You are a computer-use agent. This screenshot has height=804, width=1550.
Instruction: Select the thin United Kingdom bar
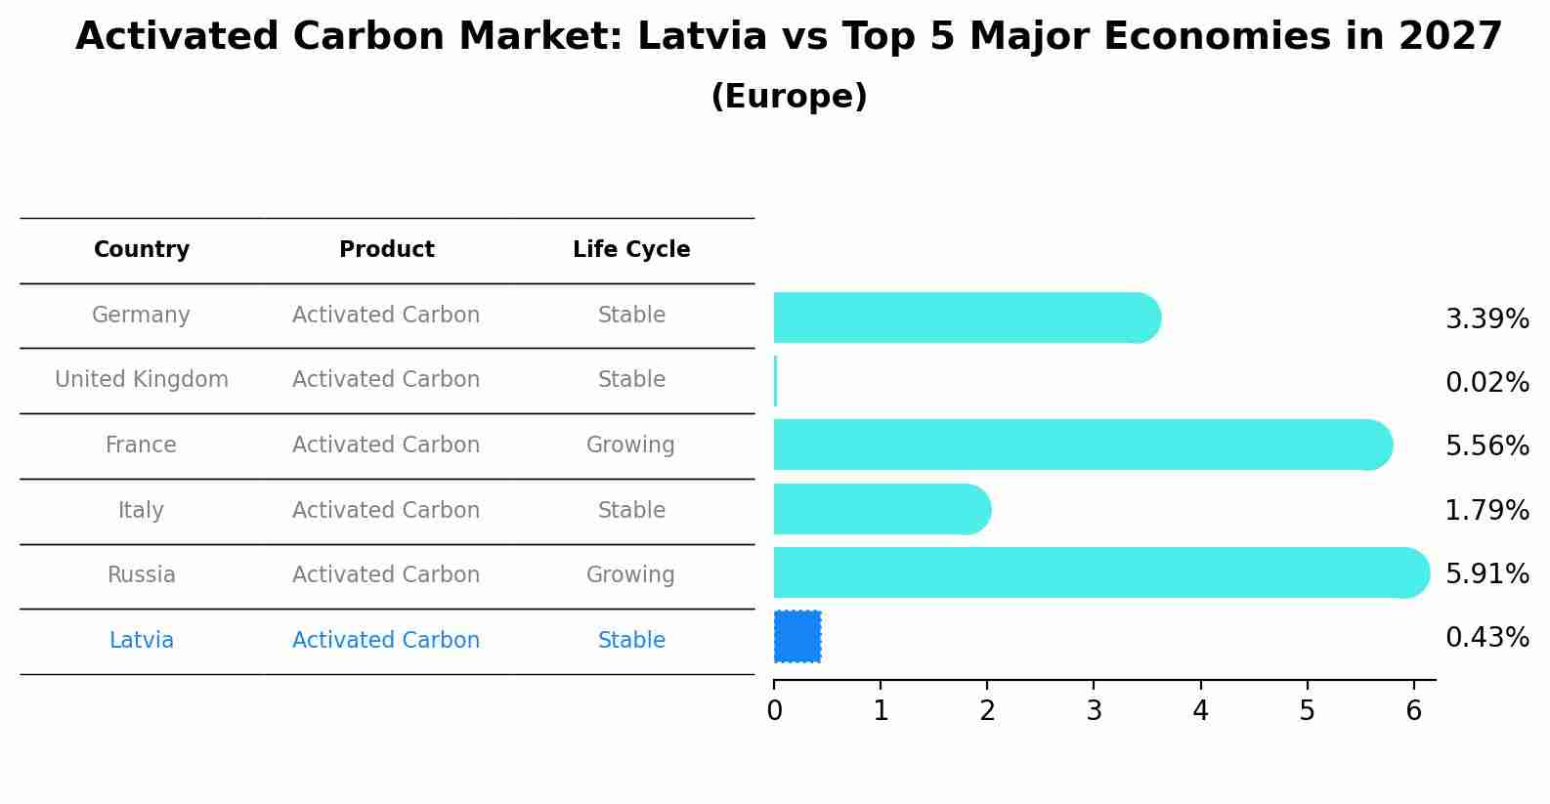(x=775, y=381)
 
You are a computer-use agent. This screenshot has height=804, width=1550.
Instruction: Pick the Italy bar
(x=881, y=509)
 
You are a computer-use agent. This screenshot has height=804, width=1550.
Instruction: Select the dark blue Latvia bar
(x=797, y=636)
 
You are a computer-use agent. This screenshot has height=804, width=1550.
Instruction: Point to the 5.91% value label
(x=1486, y=573)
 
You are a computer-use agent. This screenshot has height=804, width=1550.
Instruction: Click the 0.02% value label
(x=1486, y=382)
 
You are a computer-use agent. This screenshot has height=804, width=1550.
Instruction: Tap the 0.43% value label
(x=1486, y=638)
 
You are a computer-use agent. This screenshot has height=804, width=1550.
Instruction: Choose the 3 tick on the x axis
(x=1094, y=711)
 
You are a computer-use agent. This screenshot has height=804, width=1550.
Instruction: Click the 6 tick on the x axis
(x=1413, y=711)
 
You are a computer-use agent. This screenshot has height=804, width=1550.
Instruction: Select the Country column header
(x=142, y=250)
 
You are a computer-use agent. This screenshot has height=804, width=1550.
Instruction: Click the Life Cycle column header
(x=631, y=250)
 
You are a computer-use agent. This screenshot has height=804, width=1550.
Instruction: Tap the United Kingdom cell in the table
(x=142, y=380)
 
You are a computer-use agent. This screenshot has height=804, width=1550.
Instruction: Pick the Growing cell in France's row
(x=630, y=445)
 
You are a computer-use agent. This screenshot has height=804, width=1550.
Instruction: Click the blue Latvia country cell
(x=142, y=641)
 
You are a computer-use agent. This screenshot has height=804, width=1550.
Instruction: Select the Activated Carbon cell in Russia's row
(x=386, y=575)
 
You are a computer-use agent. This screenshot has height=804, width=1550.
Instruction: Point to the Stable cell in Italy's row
(x=631, y=511)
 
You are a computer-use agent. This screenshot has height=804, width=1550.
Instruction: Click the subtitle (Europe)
(x=789, y=97)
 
